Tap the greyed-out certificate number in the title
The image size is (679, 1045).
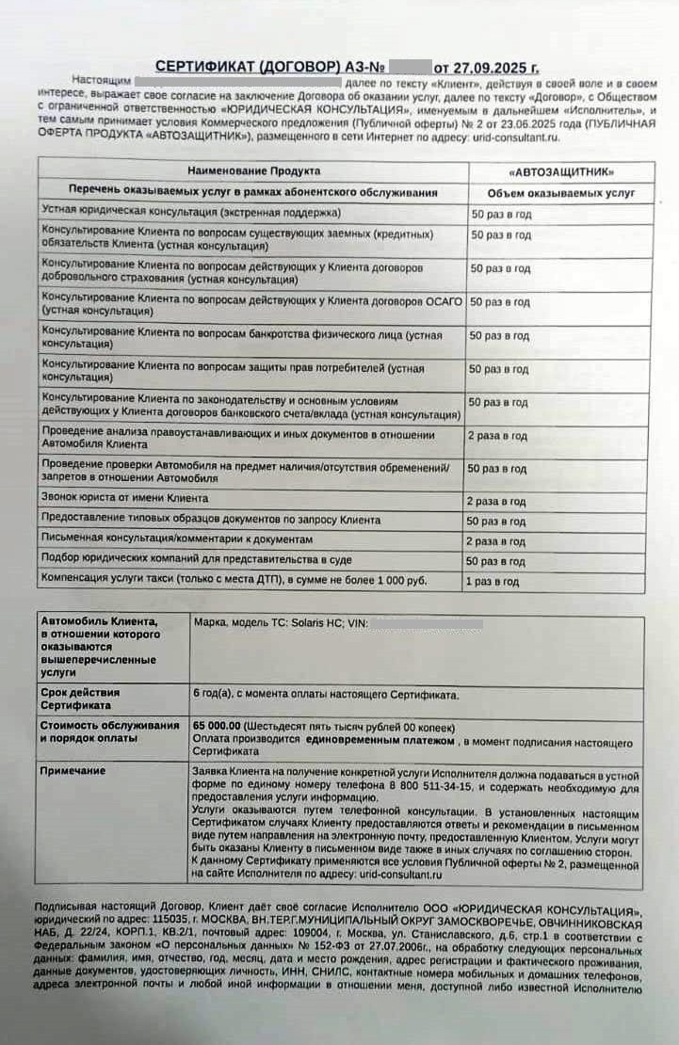[406, 68]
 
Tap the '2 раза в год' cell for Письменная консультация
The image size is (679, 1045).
[496, 541]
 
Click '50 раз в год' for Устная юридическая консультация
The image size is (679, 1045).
[500, 214]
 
